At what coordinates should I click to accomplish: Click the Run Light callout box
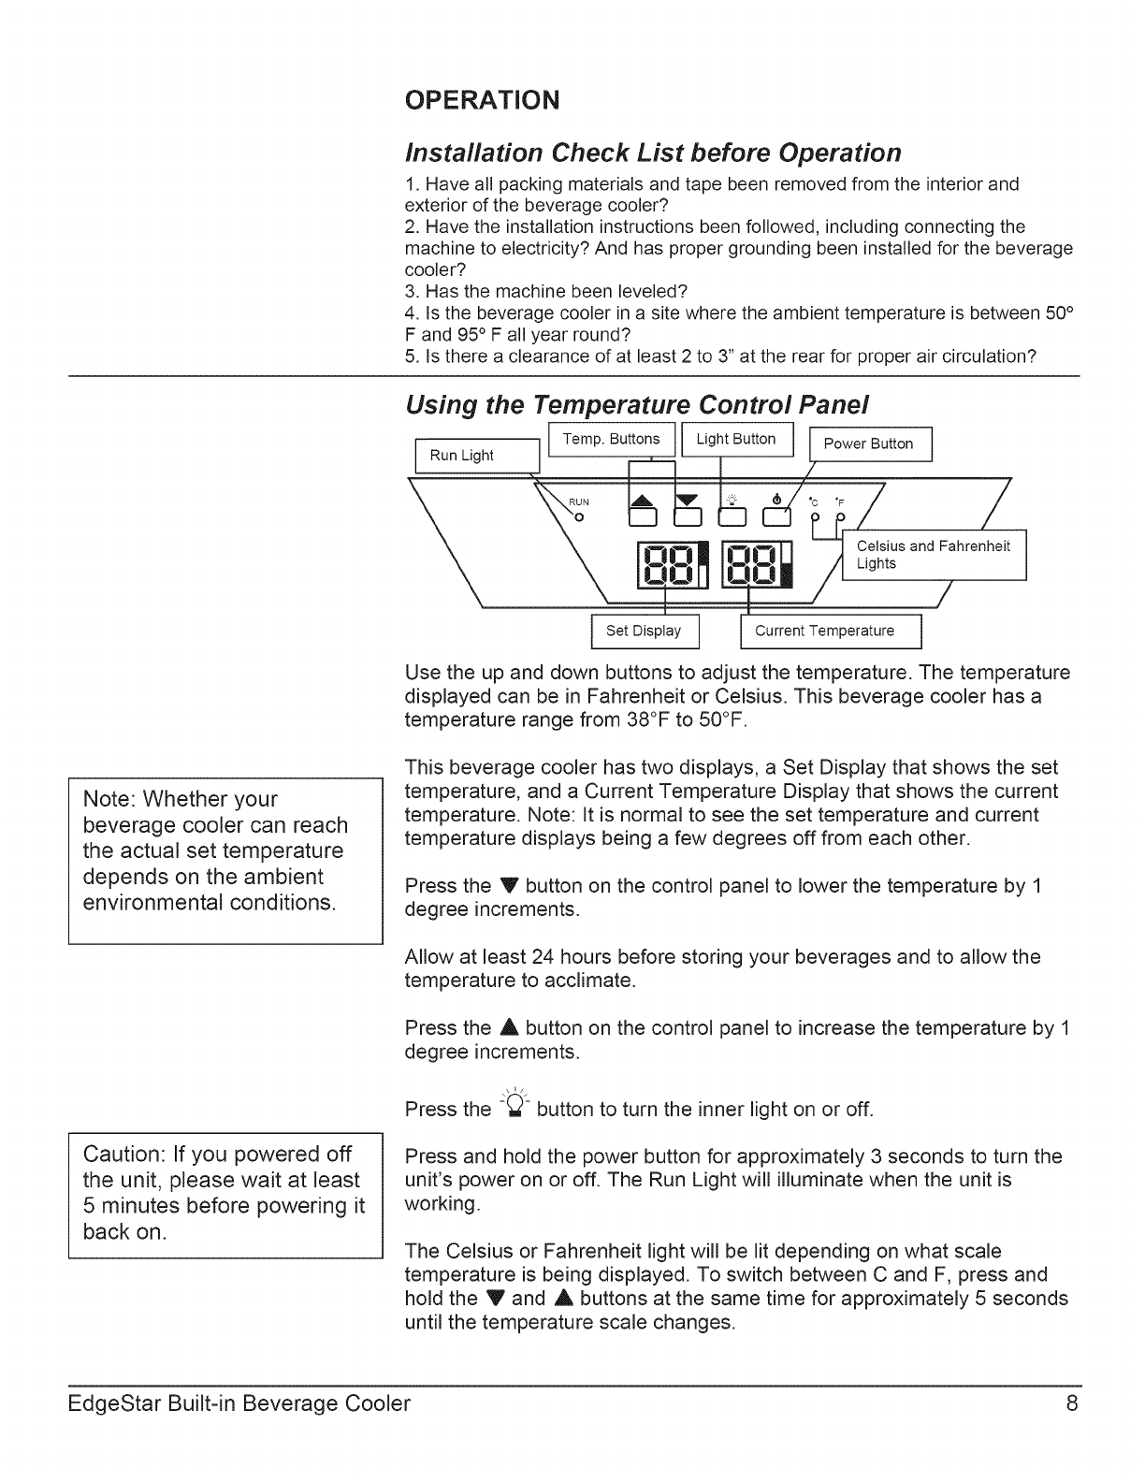point(477,456)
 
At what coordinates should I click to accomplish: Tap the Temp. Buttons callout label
point(611,440)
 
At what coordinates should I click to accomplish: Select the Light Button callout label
point(736,440)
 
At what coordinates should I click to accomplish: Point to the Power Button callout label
point(869,444)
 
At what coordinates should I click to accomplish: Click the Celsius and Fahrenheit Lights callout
point(934,555)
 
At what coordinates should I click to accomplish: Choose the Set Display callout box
point(644,632)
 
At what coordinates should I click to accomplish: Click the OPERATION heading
point(482,99)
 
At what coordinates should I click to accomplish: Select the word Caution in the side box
point(124,1154)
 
